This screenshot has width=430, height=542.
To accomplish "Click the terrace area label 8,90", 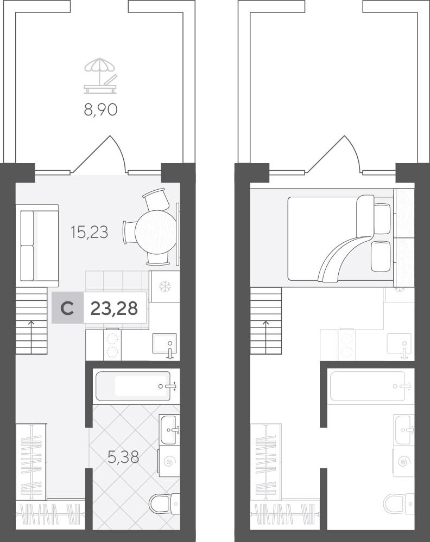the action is point(100,110).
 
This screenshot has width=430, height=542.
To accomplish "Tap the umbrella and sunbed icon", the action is point(100,76).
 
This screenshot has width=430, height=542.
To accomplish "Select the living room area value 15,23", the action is point(89,232).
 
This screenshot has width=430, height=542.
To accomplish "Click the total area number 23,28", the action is point(114,308).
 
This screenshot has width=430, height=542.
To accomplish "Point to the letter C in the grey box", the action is point(67,308).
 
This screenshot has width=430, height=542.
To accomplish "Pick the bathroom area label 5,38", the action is point(123,457).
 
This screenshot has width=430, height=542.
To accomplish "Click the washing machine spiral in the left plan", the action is point(169,461).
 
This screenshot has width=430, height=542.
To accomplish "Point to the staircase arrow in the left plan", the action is point(31,337).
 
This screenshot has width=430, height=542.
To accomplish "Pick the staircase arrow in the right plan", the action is point(266,337).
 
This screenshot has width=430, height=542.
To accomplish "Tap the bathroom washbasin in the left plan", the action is point(169,430).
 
